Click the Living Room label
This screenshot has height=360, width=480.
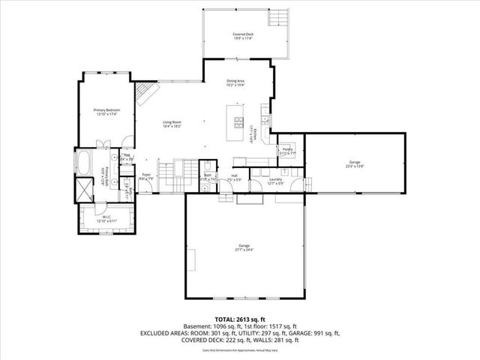(173, 124)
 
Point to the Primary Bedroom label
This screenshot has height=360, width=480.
(106, 112)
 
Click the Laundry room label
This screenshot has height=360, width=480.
(275, 180)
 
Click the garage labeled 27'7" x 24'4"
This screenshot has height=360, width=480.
(245, 247)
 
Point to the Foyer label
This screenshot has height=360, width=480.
(146, 176)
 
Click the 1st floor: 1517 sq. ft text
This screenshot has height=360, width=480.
(274, 326)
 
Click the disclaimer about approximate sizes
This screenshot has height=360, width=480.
(239, 349)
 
